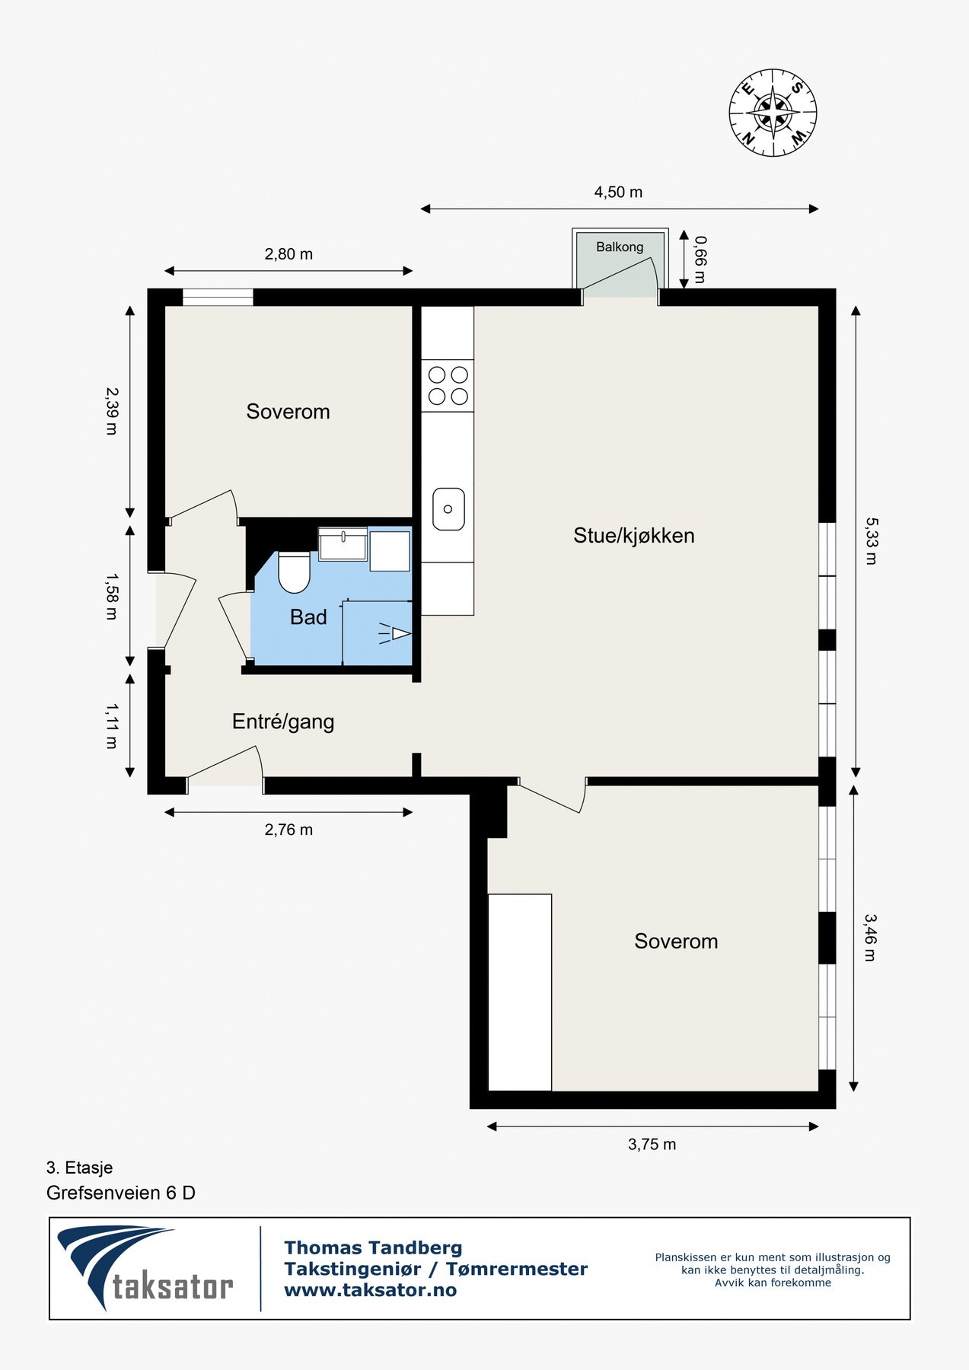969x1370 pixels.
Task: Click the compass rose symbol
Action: coord(773,113)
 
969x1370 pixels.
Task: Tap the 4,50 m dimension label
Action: coord(618,193)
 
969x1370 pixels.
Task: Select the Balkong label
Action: coord(620,247)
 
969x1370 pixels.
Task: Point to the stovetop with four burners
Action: coord(448,385)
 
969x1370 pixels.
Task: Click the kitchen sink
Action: coord(448,509)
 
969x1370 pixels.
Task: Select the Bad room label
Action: coord(308,617)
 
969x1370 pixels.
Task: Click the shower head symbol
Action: coord(395,633)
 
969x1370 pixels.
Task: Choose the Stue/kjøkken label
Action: coord(634,536)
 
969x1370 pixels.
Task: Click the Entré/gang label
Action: coord(283,722)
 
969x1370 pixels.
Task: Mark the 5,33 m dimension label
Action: coord(871,541)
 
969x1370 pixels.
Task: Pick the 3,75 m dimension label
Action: coord(652,1144)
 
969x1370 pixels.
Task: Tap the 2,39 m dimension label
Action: coord(112,410)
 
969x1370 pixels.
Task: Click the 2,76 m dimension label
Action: coord(288,830)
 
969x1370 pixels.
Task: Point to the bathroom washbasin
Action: coord(343,543)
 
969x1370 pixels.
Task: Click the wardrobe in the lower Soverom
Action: coord(520,992)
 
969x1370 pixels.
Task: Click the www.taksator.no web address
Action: coord(370,1290)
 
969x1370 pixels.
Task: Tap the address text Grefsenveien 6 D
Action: coord(121,1193)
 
